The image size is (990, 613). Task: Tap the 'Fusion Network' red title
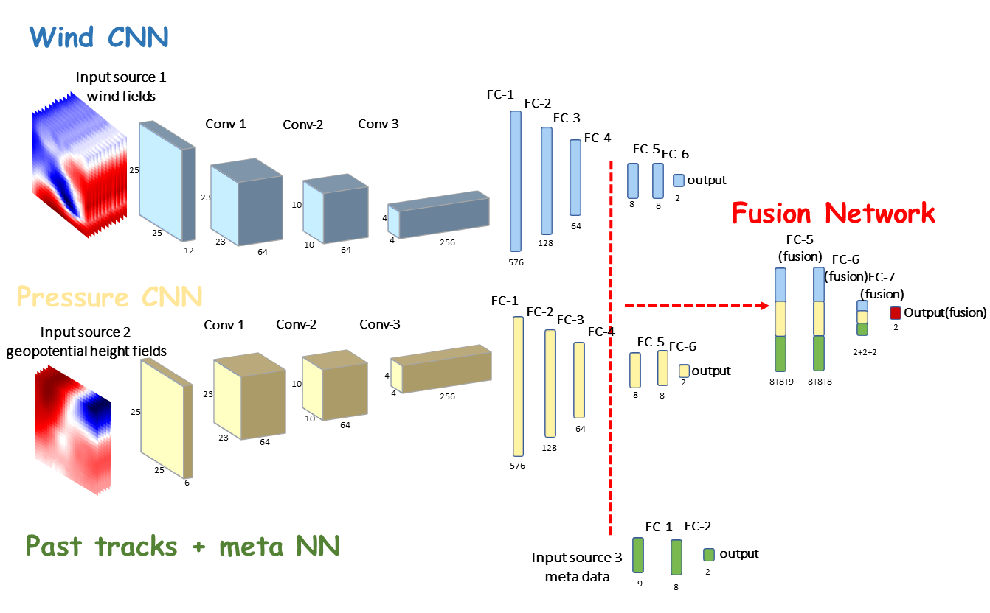[x=833, y=213]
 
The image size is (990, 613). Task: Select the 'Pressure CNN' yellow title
[x=108, y=297]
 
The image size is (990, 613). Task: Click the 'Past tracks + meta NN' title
[x=182, y=546]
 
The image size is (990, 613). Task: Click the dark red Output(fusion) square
[x=896, y=312]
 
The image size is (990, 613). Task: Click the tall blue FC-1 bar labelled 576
[x=516, y=181]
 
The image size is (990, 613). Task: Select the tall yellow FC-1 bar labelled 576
[x=518, y=386]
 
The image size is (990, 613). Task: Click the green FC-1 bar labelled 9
[x=638, y=555]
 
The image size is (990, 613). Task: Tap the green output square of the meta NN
[x=709, y=555]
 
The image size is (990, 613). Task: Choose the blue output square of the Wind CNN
[x=679, y=181]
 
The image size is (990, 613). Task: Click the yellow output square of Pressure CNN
[x=684, y=371]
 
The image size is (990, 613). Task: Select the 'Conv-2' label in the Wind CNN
[x=302, y=125]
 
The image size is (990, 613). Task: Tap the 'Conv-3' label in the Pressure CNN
[x=380, y=325]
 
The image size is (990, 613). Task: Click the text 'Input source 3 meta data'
[x=572, y=567]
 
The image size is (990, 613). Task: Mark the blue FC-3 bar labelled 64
[x=575, y=176]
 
